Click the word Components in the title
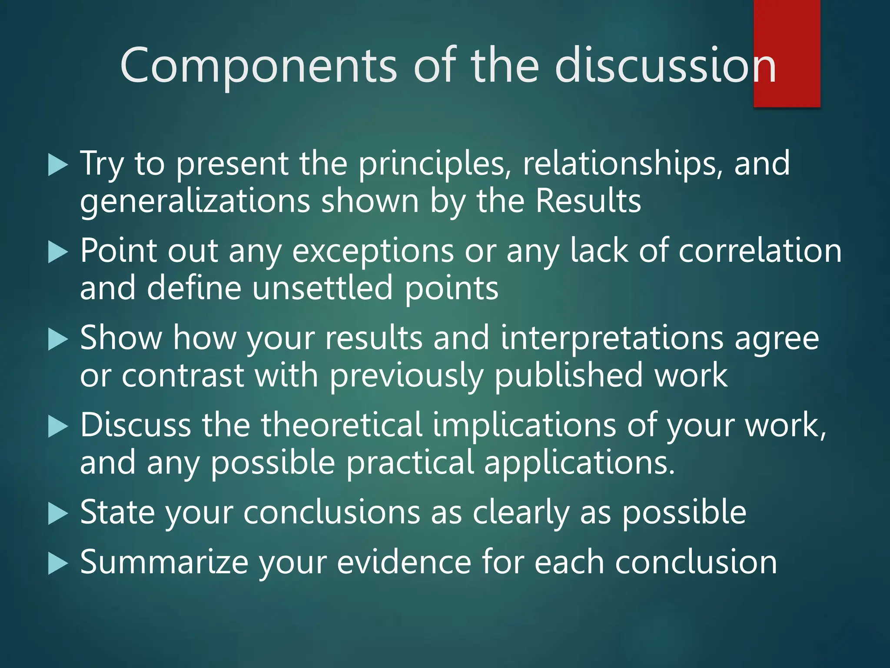(x=258, y=65)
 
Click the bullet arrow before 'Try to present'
(x=58, y=165)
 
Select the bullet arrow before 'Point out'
(x=58, y=253)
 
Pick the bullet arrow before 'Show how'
(x=58, y=340)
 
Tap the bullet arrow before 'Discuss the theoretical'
(x=58, y=427)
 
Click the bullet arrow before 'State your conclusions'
(x=58, y=514)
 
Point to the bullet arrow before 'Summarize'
(x=58, y=564)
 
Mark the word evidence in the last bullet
(x=404, y=563)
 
